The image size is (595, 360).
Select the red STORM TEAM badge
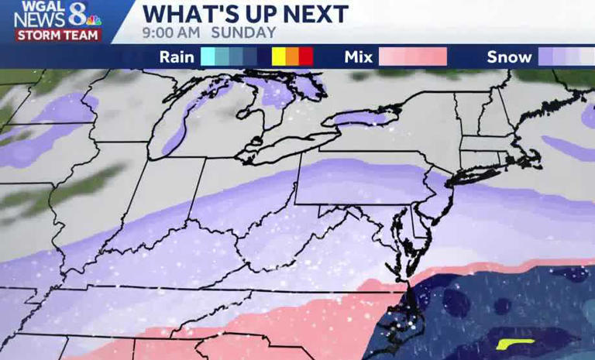(58, 36)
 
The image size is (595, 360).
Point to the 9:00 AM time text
(171, 33)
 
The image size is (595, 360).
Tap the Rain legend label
(177, 57)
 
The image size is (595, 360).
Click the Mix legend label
(359, 57)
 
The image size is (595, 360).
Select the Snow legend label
(509, 57)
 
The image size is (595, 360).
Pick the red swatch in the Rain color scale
(306, 57)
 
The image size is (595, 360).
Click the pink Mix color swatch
(413, 57)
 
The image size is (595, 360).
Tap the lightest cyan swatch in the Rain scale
(208, 57)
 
